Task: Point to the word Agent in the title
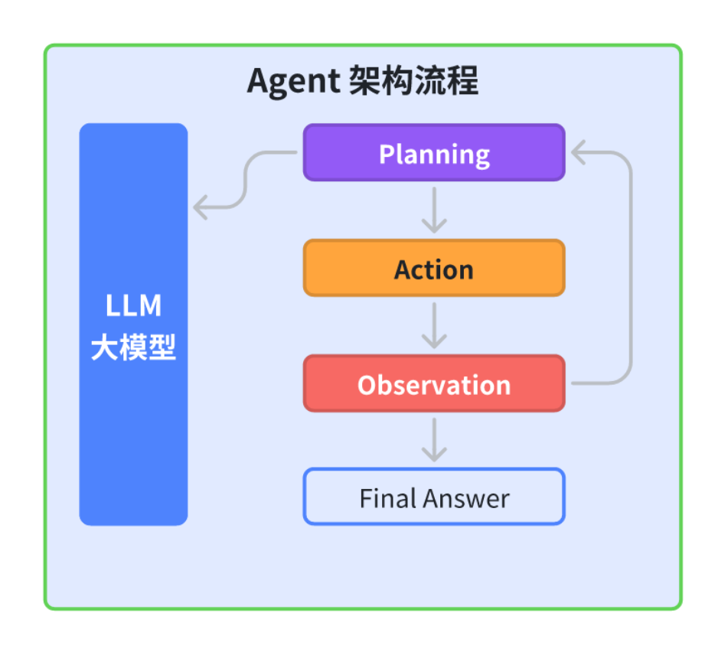click(293, 82)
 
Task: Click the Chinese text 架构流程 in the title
click(413, 81)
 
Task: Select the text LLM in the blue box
click(133, 306)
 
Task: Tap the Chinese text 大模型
click(133, 349)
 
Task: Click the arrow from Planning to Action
click(434, 210)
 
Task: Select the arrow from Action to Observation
click(434, 326)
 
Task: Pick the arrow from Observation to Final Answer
click(434, 440)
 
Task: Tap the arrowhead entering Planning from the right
click(579, 153)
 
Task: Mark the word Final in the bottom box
click(384, 499)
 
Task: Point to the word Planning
click(434, 155)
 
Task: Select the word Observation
click(434, 385)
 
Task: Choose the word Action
click(434, 269)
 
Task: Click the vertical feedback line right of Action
click(632, 268)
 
